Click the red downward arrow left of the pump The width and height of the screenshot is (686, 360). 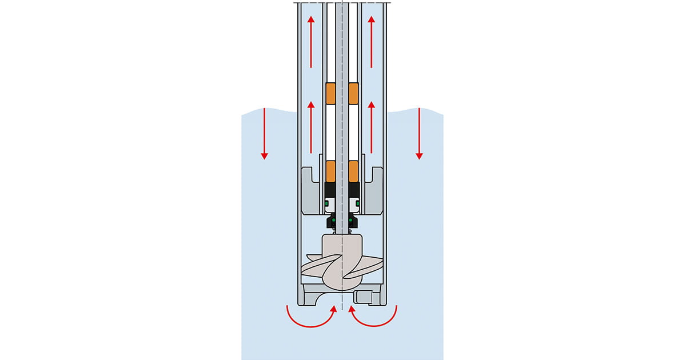pyautogui.click(x=264, y=133)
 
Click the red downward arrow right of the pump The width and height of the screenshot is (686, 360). pyautogui.click(x=419, y=133)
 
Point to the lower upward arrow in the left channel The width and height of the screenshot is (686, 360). pyautogui.click(x=311, y=127)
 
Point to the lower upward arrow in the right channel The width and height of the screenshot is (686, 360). pyautogui.click(x=372, y=127)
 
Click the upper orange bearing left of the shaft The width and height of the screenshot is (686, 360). pyautogui.click(x=330, y=94)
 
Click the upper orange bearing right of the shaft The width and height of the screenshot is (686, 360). pyautogui.click(x=353, y=94)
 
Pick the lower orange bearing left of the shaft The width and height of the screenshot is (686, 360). pyautogui.click(x=330, y=171)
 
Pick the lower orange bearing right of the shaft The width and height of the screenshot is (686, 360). pyautogui.click(x=353, y=171)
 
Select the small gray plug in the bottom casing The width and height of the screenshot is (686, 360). pyautogui.click(x=363, y=297)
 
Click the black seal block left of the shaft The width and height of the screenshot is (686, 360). pyautogui.click(x=330, y=190)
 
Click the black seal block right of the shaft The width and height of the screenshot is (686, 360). pyautogui.click(x=353, y=190)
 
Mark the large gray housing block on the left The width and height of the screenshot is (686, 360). pyautogui.click(x=310, y=191)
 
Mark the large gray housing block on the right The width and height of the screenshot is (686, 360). pyautogui.click(x=374, y=191)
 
